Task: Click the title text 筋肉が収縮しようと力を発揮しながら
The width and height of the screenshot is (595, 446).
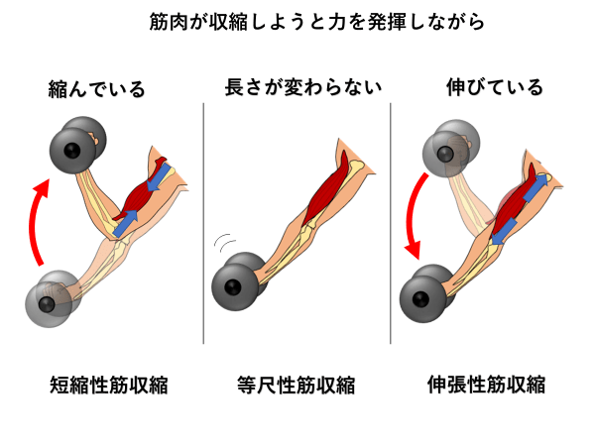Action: click(x=297, y=20)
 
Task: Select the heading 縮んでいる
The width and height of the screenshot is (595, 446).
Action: click(x=96, y=89)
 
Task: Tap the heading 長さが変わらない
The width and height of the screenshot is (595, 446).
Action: click(x=297, y=89)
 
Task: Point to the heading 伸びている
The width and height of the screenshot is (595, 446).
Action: click(x=496, y=89)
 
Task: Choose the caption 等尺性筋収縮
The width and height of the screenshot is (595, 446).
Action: click(x=297, y=384)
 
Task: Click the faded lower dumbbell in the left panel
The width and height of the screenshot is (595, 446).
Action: click(x=52, y=297)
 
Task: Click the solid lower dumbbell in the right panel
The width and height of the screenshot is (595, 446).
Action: click(x=426, y=292)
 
